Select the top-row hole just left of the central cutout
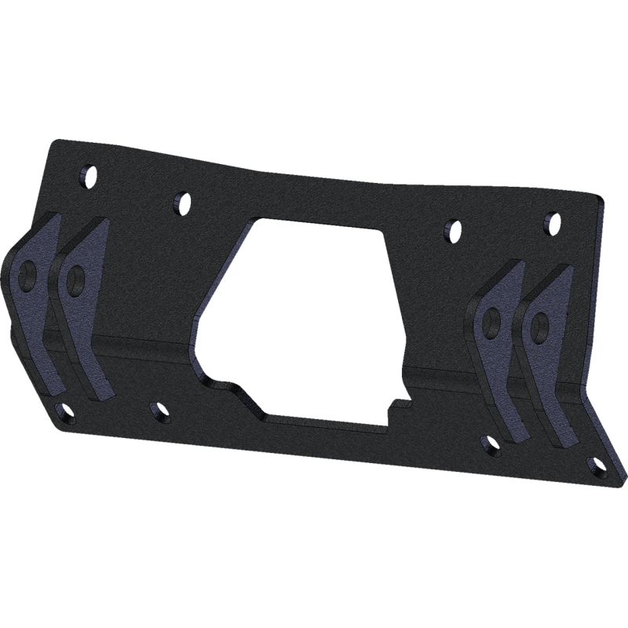(x=181, y=203)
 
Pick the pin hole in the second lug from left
(x=76, y=277)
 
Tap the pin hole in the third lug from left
(x=492, y=319)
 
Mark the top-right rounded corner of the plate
(x=600, y=203)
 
